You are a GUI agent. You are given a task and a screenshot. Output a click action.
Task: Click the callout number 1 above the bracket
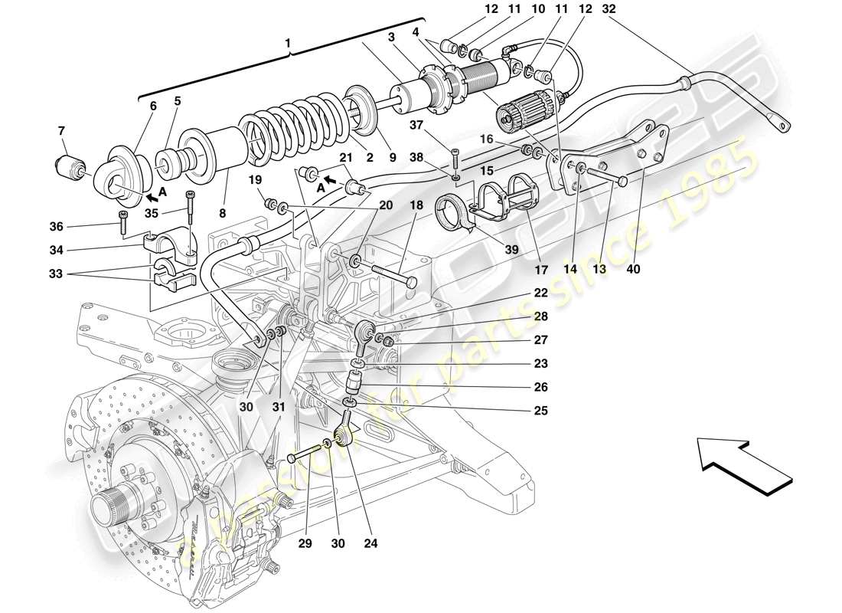[x=289, y=44]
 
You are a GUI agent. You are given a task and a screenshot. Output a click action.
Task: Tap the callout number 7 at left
[x=61, y=130]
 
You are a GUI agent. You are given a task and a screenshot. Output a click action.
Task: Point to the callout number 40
[x=633, y=270]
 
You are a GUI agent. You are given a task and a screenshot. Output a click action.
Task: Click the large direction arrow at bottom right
[x=745, y=464]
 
